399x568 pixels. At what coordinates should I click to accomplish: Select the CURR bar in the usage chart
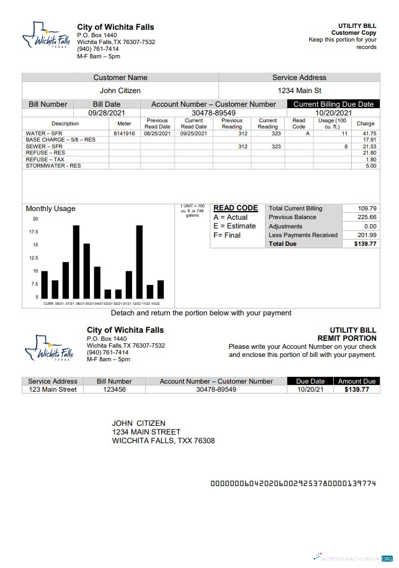pos(45,284)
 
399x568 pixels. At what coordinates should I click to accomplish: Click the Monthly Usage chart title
pos(50,209)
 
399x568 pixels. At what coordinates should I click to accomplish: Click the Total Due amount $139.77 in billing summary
pos(365,244)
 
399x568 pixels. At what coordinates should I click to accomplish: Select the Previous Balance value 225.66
pos(367,217)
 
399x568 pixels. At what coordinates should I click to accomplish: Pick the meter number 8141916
pos(124,133)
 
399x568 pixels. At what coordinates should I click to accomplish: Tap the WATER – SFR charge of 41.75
pos(369,133)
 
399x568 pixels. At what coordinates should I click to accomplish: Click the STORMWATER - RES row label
pos(53,166)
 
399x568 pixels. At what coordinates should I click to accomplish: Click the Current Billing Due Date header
pos(333,104)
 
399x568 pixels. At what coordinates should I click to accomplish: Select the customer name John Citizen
pos(120,91)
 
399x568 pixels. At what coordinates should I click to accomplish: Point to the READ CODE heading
pos(235,209)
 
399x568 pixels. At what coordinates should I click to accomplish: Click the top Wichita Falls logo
pos(46,36)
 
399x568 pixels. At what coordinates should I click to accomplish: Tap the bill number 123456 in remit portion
pos(118,389)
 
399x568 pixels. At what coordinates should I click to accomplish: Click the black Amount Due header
pos(356,381)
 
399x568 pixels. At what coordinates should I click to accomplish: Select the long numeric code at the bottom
pos(293,483)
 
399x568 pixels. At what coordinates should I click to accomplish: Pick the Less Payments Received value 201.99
pos(367,235)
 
